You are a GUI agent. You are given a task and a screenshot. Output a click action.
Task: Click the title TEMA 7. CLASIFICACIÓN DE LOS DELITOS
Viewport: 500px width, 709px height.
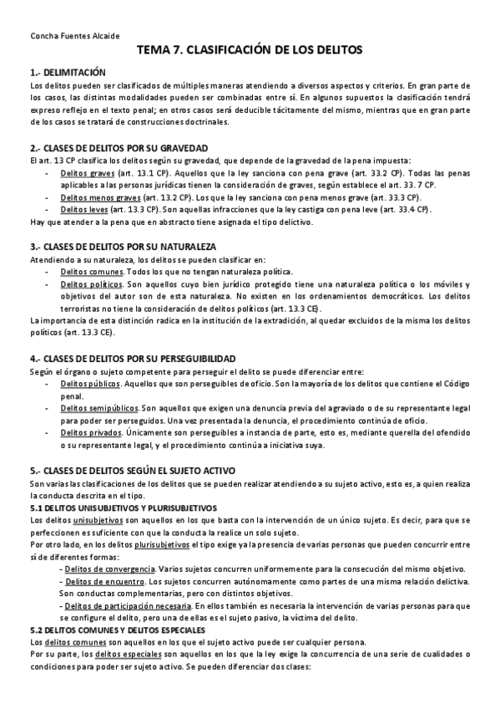click(x=250, y=51)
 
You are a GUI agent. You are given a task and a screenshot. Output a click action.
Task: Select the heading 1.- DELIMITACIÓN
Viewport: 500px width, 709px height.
click(x=68, y=73)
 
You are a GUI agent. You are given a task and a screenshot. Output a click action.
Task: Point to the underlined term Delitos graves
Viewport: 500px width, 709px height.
click(x=88, y=173)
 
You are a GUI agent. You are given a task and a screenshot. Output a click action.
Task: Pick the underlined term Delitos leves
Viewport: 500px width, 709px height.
click(x=85, y=209)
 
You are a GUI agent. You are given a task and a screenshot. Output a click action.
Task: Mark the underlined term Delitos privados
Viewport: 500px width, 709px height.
click(x=90, y=433)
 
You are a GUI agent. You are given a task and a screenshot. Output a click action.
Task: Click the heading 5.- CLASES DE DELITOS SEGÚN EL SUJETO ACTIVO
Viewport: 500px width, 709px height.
click(x=134, y=472)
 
